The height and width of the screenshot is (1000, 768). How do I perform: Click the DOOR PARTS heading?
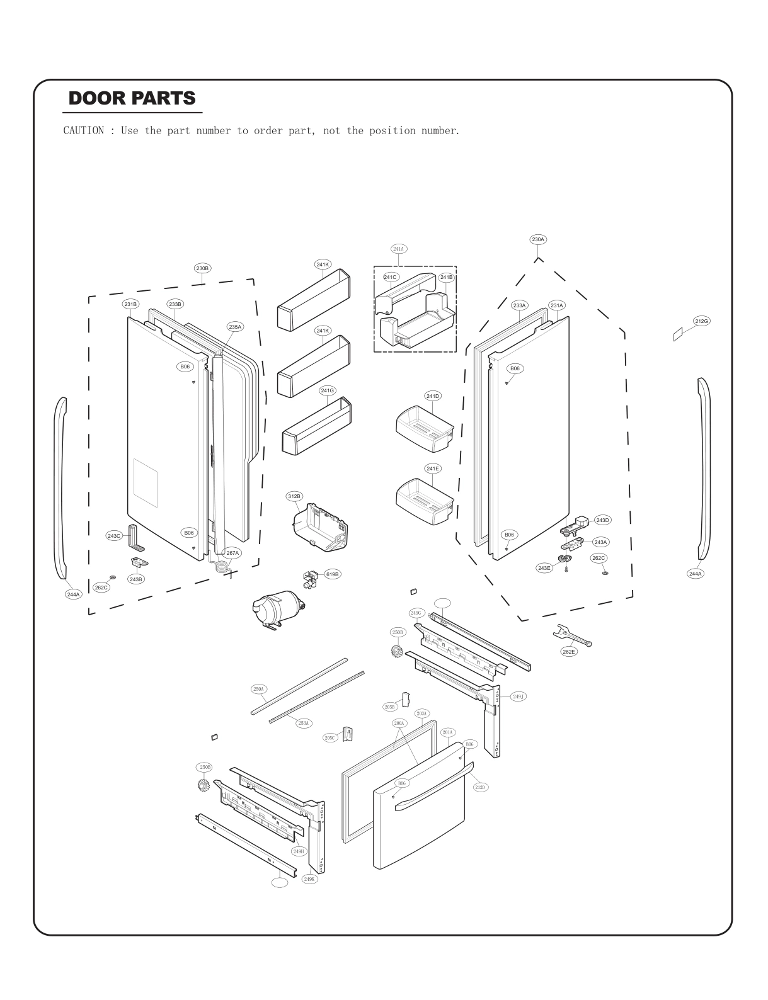pos(132,99)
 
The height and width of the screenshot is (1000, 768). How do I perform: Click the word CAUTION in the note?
pos(83,131)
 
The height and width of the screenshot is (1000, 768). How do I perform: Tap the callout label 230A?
pos(537,239)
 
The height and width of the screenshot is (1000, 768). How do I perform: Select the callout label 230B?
pos(202,268)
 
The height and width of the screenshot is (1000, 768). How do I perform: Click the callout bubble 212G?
pos(701,321)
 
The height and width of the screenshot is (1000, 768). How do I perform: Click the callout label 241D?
pos(432,396)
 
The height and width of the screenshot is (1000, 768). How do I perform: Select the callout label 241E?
pos(432,469)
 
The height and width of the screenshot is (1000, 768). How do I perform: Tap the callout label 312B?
pos(294,497)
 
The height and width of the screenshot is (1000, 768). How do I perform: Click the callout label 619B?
pos(332,574)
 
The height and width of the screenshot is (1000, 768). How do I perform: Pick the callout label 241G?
pos(327,390)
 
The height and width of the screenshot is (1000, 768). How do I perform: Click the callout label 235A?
pos(235,327)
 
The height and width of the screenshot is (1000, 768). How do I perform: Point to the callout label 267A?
pos(232,553)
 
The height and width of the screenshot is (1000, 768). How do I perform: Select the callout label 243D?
pos(602,520)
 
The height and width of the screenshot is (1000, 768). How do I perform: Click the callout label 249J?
pos(517,696)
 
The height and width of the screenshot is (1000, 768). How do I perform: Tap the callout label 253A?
pos(303,724)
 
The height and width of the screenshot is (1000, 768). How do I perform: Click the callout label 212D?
pos(480,787)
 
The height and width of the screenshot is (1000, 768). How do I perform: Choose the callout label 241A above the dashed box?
pos(398,249)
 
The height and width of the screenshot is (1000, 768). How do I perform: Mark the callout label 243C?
pos(113,536)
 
